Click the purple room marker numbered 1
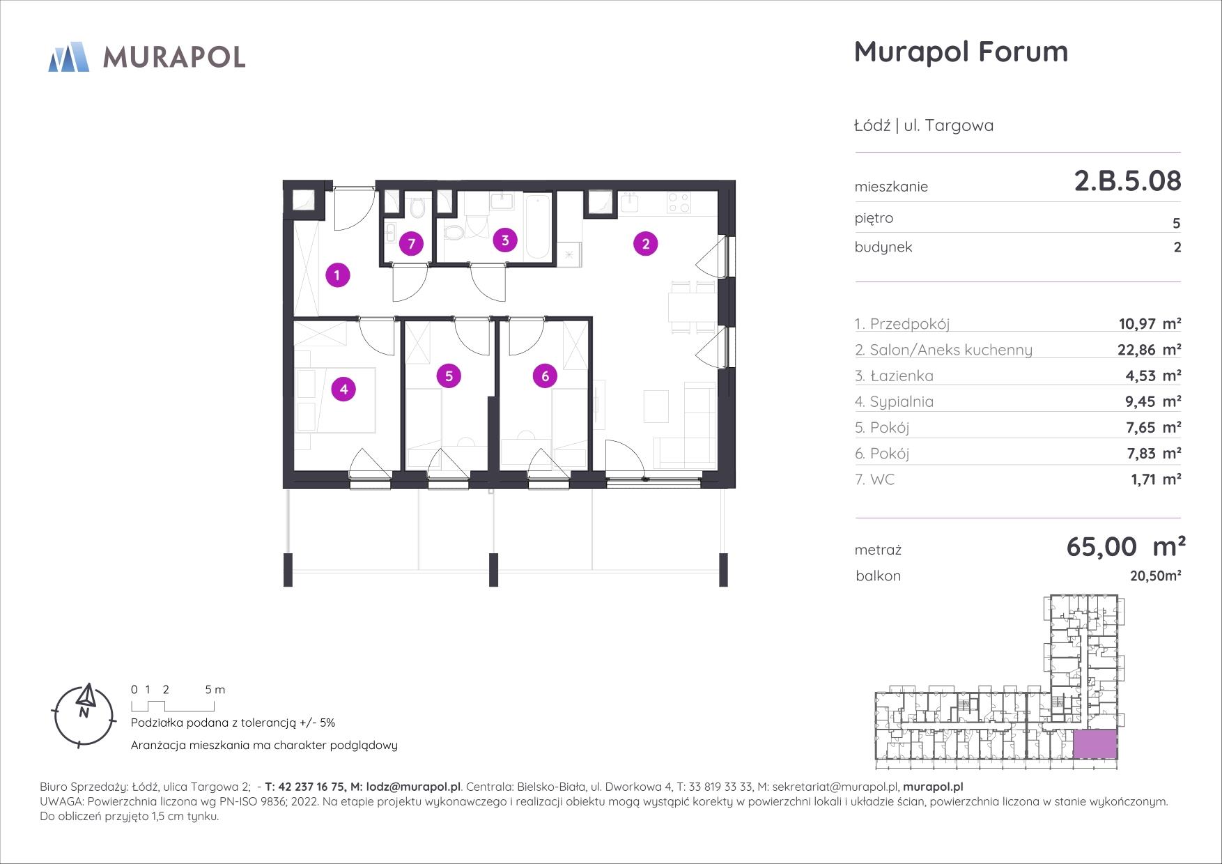337,275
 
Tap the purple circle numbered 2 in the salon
646,244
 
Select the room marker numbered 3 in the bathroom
505,240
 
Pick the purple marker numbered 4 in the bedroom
343,389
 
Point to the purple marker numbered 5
449,376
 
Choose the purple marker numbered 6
545,376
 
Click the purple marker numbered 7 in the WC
412,244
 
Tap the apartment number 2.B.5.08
1127,181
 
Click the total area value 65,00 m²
1126,547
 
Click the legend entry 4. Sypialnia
894,402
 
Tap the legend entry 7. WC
874,479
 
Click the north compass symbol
84,714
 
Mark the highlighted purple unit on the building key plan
1095,744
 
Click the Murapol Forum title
961,52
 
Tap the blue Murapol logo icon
69,56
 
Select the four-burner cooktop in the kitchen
679,202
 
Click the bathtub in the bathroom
537,226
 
